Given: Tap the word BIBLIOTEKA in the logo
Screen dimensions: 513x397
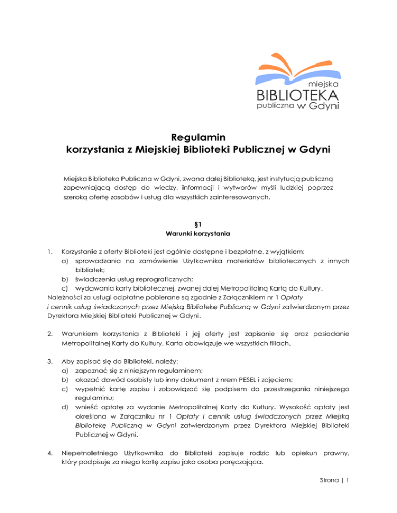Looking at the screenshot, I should pos(297,95).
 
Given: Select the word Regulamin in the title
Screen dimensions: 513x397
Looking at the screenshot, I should pos(199,138).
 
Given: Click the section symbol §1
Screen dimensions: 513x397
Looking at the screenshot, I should pos(199,225).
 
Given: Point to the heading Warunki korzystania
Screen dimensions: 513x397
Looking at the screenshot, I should pos(199,235).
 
